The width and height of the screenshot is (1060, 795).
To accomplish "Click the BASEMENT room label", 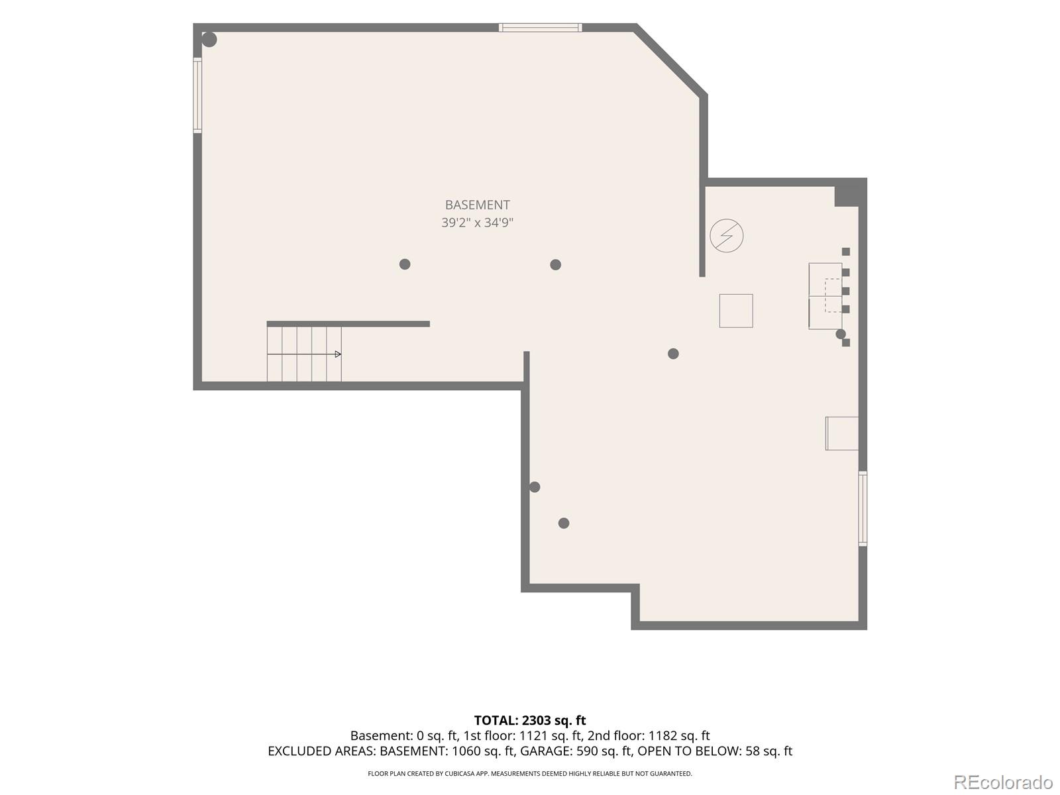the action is pyautogui.click(x=477, y=205).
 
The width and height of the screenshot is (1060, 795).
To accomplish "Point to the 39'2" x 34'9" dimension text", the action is pyautogui.click(x=477, y=223).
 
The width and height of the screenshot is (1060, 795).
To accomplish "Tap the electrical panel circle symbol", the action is pyautogui.click(x=726, y=236).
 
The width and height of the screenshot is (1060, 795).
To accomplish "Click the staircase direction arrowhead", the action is pyautogui.click(x=338, y=354).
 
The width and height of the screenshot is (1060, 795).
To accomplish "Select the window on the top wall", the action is pyautogui.click(x=540, y=28).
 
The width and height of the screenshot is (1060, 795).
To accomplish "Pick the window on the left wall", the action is pyautogui.click(x=197, y=95).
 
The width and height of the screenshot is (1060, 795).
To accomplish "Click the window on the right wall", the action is pyautogui.click(x=863, y=509).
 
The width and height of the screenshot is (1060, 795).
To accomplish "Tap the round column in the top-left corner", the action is pyautogui.click(x=209, y=40).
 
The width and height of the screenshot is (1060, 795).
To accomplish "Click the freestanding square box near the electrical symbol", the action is pyautogui.click(x=736, y=311).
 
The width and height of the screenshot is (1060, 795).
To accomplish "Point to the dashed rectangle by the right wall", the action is pyautogui.click(x=833, y=295).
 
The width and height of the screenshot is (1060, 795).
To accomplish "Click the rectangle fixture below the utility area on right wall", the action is pyautogui.click(x=842, y=433).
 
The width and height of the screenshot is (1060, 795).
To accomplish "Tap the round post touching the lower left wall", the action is pyautogui.click(x=534, y=487).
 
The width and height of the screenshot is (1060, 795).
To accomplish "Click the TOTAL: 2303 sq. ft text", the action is pyautogui.click(x=530, y=720).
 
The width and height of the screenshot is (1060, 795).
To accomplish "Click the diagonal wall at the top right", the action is pyautogui.click(x=670, y=60).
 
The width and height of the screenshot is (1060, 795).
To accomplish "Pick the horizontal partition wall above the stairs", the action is pyautogui.click(x=348, y=324).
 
